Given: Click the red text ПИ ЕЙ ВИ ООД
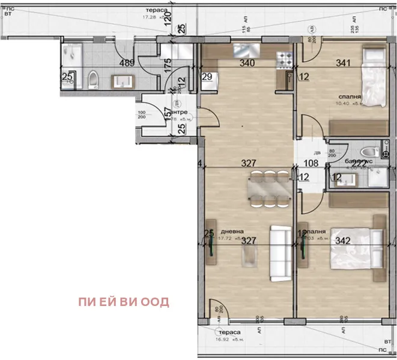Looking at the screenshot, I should point(123,302).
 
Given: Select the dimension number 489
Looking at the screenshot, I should point(127,62).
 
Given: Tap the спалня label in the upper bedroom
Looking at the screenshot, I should point(350,95).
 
